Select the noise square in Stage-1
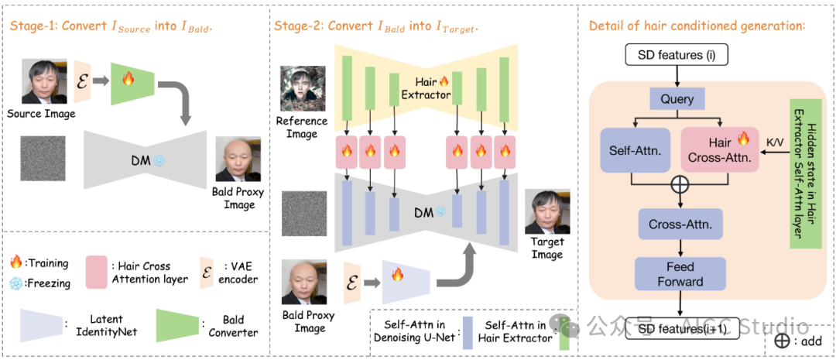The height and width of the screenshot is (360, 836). [43, 159]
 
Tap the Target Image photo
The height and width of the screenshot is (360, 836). [546, 212]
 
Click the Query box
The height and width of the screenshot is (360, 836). [677, 100]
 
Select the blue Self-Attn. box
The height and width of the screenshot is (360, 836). [633, 150]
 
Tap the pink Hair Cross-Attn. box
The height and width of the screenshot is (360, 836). [719, 150]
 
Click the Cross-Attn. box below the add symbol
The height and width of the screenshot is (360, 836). [680, 224]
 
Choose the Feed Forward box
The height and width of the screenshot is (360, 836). [680, 273]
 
